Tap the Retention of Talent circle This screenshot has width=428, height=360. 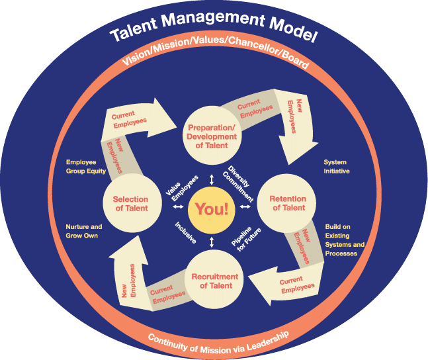[x=288, y=203]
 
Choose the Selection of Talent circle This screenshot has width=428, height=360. [x=130, y=203]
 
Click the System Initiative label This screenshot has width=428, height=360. [x=336, y=167]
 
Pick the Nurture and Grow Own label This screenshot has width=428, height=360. [x=84, y=232]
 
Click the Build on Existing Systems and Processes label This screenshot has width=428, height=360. [x=345, y=240]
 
